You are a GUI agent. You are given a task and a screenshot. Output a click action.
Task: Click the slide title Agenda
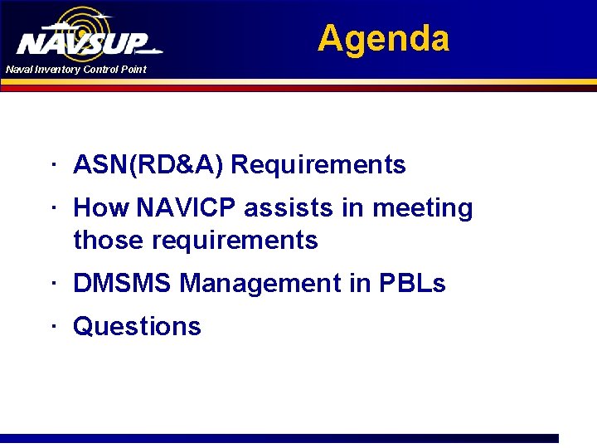point(383,39)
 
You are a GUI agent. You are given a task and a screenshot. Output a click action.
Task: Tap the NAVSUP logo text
point(83,44)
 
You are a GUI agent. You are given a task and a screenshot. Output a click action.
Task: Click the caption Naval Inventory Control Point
point(75,70)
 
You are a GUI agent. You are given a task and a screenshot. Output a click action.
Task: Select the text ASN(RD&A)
point(148,165)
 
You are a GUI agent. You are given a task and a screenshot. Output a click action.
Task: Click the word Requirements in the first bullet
point(318,165)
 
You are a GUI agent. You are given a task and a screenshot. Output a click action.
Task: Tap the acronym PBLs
point(412,284)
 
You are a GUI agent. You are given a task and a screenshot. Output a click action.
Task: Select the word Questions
point(137,327)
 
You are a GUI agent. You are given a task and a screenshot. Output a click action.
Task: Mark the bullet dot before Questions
point(52,325)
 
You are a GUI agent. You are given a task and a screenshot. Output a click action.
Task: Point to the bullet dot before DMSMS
point(52,283)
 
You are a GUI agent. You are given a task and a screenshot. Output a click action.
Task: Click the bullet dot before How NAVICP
point(52,207)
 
